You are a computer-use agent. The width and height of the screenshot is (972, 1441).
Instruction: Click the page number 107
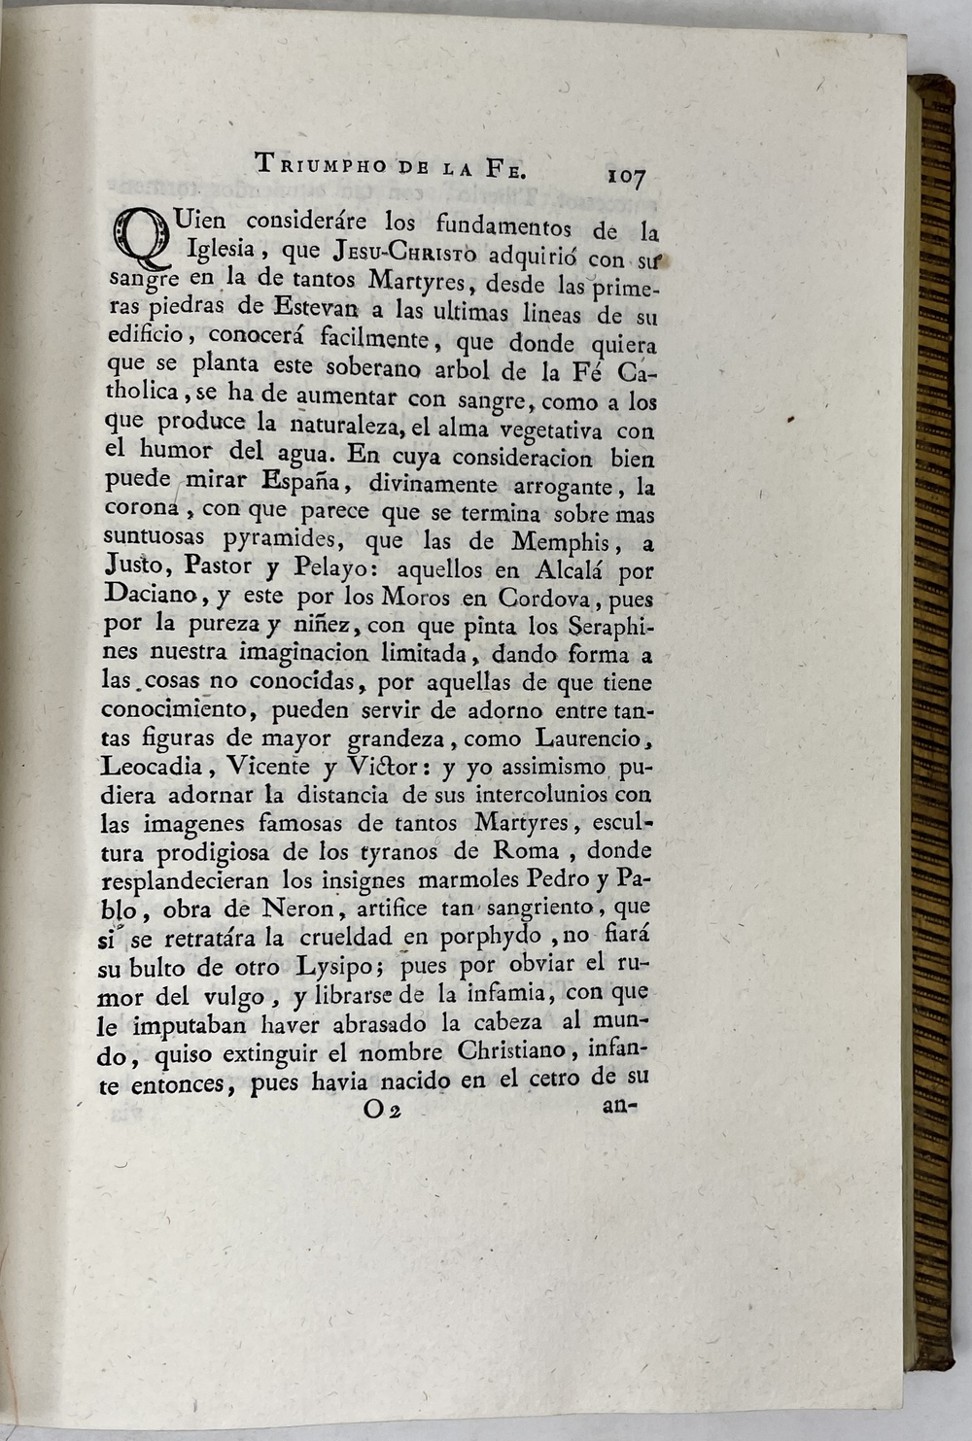626,177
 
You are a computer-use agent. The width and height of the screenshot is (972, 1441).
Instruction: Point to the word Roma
527,851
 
